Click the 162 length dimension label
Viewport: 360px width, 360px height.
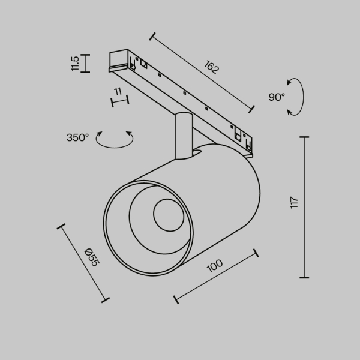click(212, 67)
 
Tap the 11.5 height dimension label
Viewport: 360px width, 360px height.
click(75, 64)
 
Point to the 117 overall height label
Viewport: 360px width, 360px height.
click(293, 202)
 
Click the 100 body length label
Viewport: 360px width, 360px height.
click(214, 265)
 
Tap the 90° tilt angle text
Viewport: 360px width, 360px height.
click(277, 97)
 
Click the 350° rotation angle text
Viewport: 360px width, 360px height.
click(77, 137)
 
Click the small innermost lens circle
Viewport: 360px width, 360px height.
click(167, 215)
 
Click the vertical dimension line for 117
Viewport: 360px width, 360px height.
click(304, 207)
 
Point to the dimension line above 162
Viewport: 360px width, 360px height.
click(201, 71)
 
